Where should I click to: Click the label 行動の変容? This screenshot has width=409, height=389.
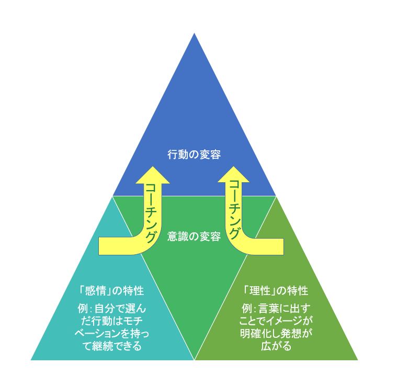[194, 155]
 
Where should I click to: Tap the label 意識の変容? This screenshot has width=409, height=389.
[194, 237]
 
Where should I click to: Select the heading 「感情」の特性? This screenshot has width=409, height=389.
[111, 291]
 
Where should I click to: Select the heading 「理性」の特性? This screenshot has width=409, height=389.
[276, 291]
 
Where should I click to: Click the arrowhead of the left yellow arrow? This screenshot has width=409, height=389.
[153, 175]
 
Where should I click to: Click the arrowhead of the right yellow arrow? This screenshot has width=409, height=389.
[233, 174]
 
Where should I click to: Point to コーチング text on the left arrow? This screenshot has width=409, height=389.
[152, 213]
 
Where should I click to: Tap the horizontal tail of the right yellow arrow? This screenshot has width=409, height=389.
[269, 246]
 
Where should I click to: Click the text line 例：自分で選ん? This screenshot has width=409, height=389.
[112, 309]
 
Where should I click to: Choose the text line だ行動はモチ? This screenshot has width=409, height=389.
[112, 321]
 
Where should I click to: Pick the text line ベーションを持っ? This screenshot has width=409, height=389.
[112, 334]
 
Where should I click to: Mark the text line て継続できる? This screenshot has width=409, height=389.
[112, 346]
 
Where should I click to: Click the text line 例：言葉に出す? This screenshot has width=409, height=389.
[276, 309]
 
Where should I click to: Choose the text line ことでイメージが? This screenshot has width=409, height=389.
[276, 321]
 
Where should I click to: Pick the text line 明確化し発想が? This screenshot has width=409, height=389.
[276, 334]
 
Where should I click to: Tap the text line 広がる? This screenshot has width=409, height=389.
[276, 346]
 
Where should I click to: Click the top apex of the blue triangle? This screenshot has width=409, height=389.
[194, 33]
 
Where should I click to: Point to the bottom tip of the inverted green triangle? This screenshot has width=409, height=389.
[195, 360]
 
